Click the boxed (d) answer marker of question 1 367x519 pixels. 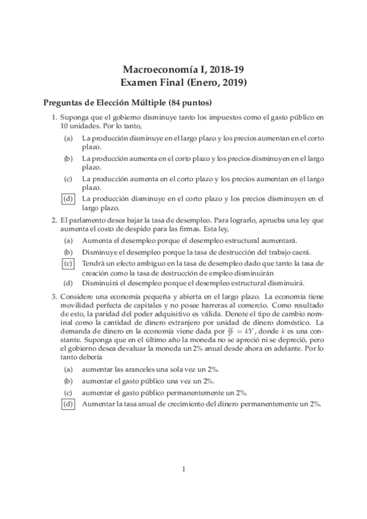[x=68, y=199]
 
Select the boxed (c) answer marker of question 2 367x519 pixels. [x=68, y=263]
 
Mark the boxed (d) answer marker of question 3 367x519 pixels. [x=68, y=404]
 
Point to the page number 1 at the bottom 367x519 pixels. [x=183, y=470]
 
